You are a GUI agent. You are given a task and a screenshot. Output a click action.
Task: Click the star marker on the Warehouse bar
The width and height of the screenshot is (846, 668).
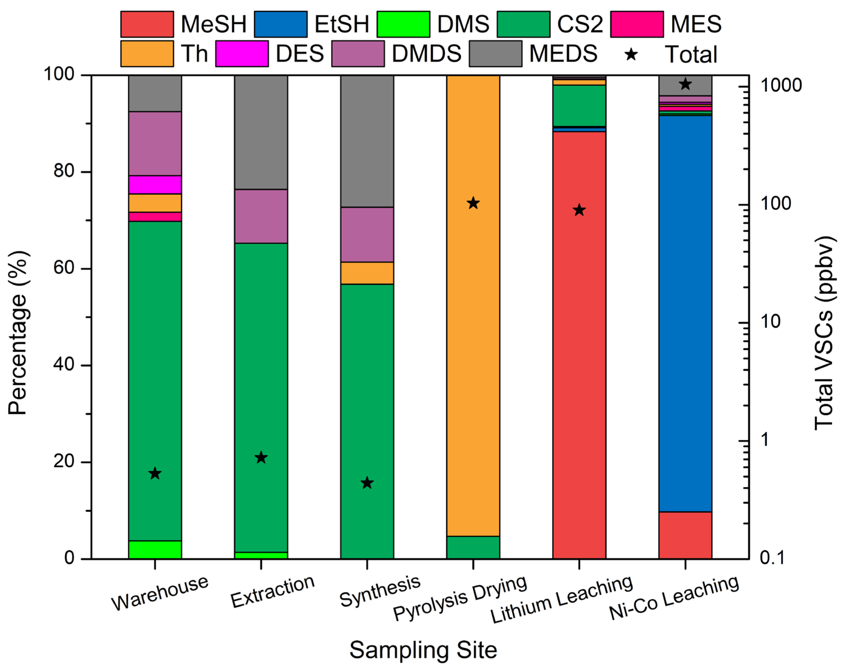pos(155,474)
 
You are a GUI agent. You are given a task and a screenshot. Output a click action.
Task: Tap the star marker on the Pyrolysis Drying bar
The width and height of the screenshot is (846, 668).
pos(473,203)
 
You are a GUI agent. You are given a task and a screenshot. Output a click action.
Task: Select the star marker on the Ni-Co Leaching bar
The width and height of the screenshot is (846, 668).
pos(685,84)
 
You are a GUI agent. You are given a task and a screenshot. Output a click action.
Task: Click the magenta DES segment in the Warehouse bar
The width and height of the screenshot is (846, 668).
pos(155,185)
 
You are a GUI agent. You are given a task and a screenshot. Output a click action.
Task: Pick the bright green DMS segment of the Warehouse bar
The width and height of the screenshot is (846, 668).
pos(155,549)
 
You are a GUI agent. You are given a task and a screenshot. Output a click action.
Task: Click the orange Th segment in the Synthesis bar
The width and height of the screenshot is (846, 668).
pos(367,273)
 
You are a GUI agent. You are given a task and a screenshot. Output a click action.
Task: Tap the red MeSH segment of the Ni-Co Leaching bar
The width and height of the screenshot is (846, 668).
pos(685,535)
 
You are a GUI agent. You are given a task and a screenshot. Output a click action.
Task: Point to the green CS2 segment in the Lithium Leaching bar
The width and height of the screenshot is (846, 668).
pos(579,106)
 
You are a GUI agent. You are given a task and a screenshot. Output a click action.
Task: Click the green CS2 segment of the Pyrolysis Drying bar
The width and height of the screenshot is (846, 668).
pos(473,547)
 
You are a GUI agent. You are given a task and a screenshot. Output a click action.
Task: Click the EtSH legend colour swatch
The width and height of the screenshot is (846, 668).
pos(280,24)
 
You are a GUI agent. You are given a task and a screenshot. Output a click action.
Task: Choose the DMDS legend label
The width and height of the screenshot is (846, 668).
pos(426,54)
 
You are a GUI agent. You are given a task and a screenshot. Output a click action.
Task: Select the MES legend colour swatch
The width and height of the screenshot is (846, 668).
pos(637,24)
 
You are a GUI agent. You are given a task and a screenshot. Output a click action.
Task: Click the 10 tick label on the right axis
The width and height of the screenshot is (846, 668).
pos(770,322)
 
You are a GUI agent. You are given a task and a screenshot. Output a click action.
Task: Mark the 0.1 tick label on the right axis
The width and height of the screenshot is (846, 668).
pos(772,558)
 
